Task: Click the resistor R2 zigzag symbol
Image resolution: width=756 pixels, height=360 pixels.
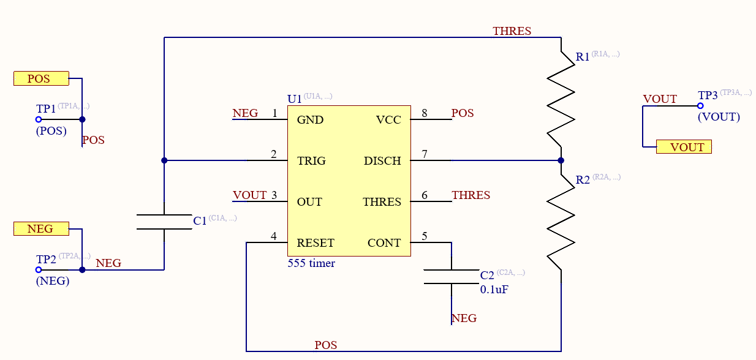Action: click(561, 223)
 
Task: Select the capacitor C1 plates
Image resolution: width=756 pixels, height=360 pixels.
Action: click(164, 222)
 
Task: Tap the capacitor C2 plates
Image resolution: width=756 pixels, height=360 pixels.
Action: click(452, 276)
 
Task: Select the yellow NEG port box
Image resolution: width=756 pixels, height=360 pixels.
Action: click(40, 228)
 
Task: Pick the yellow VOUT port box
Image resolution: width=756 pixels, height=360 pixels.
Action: click(684, 147)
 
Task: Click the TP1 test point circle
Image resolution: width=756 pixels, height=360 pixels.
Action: click(39, 120)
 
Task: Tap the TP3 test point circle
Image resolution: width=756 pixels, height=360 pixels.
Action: click(700, 106)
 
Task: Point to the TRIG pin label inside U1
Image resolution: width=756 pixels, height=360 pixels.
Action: click(311, 161)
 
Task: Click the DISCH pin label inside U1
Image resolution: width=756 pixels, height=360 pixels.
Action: click(382, 161)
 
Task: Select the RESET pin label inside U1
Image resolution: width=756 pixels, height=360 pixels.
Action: click(316, 243)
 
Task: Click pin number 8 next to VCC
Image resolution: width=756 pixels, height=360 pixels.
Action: click(424, 113)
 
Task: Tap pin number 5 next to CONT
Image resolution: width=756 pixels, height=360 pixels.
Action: click(424, 236)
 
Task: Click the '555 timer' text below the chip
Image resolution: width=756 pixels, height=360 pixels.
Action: click(311, 263)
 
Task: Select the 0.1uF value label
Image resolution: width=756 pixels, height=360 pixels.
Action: click(494, 290)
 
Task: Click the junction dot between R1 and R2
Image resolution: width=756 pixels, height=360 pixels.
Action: click(561, 160)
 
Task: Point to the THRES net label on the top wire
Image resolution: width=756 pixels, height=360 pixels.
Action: click(512, 31)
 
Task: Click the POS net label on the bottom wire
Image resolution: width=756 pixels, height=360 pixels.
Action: click(325, 345)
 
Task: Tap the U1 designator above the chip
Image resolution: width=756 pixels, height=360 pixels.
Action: click(294, 99)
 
